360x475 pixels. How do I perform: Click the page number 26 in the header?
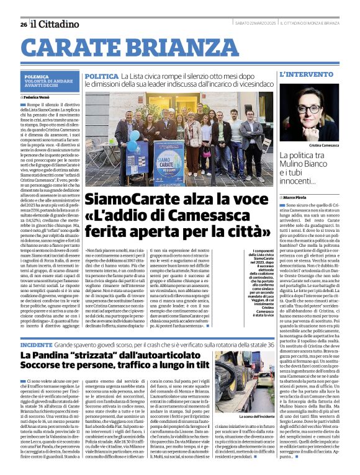click(x=23, y=24)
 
